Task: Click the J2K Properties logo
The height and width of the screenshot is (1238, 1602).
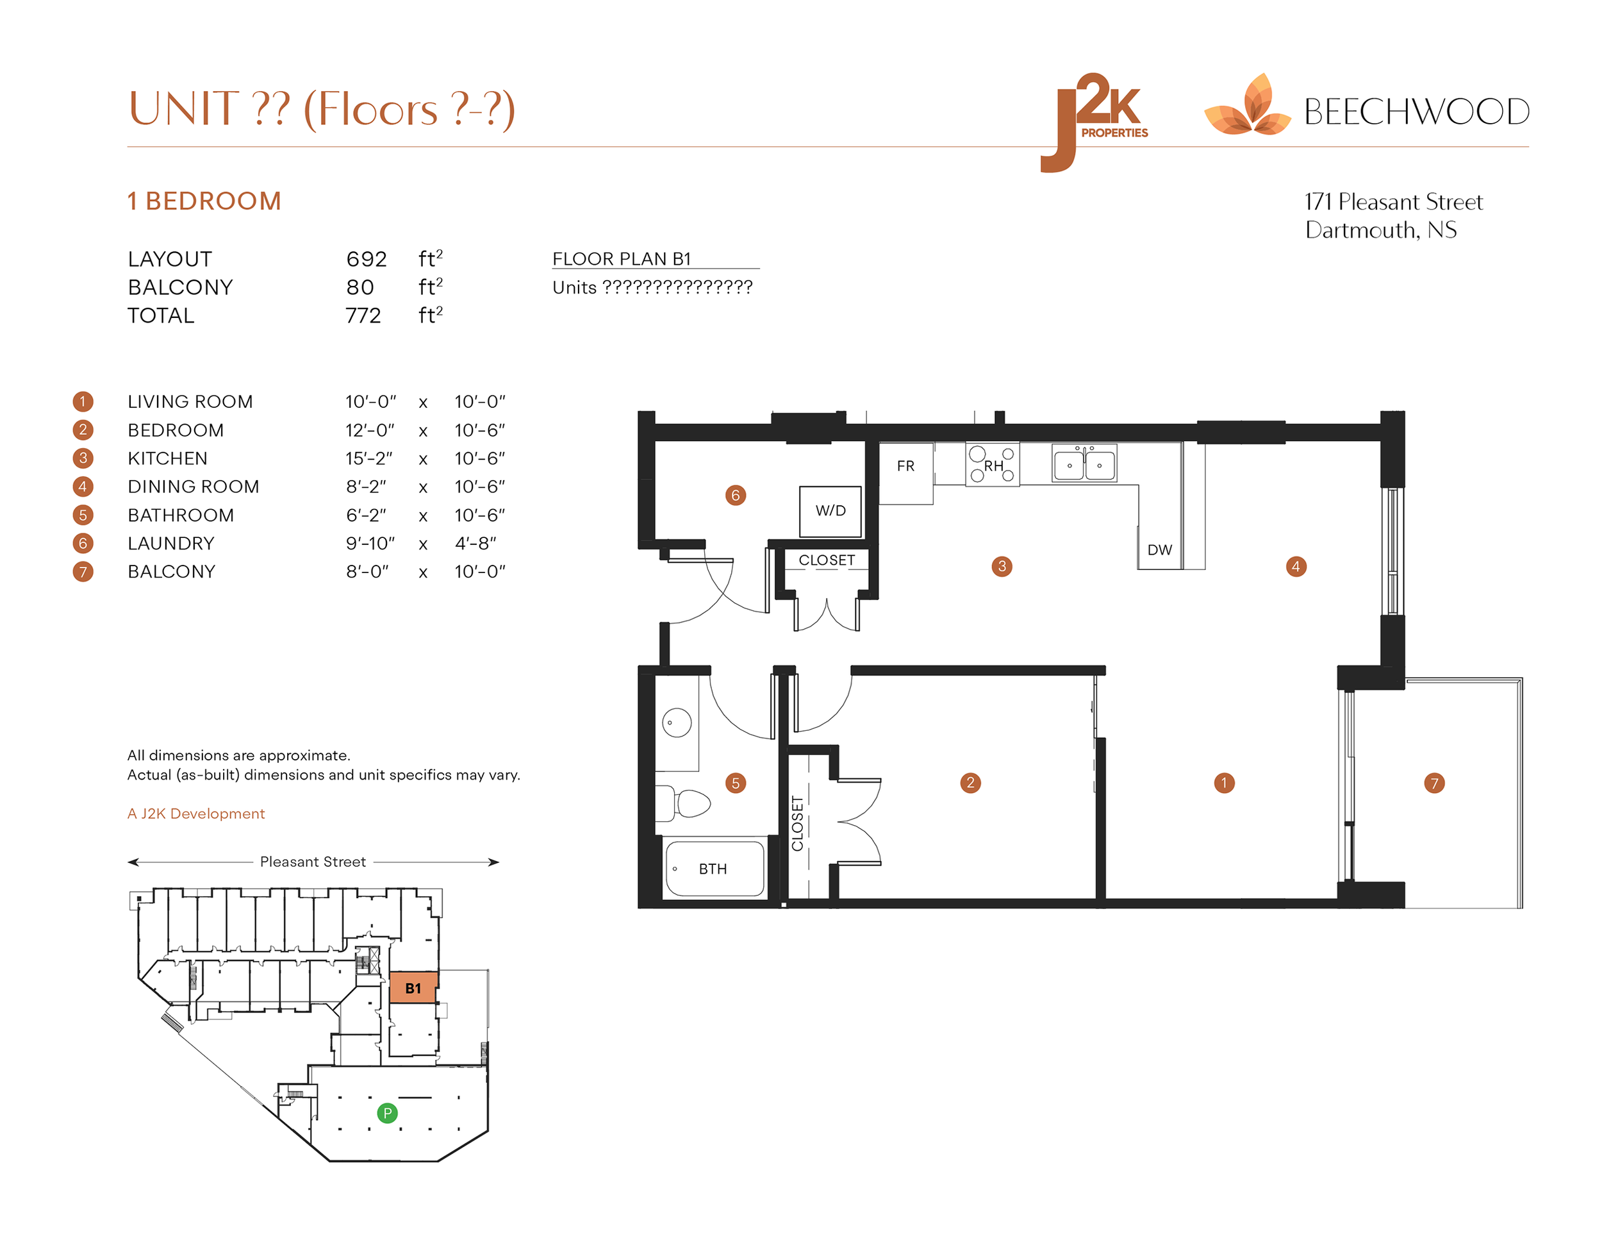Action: [1094, 121]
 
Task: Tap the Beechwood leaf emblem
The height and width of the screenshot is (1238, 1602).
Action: [1248, 107]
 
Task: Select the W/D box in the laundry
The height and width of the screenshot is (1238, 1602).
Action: [830, 511]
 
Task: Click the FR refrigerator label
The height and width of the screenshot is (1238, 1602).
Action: [906, 466]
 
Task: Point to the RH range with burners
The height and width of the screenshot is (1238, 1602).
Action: [993, 465]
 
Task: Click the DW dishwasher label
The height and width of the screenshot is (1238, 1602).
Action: [1160, 549]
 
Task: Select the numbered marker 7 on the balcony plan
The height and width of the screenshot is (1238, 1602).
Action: [1434, 783]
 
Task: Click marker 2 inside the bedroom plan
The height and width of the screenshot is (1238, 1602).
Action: [970, 783]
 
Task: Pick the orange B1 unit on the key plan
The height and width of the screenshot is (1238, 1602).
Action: [413, 988]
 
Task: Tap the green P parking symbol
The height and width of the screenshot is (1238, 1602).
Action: [387, 1113]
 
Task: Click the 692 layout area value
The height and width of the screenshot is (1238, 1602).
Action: [366, 259]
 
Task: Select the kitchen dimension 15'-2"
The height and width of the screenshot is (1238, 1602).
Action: [369, 458]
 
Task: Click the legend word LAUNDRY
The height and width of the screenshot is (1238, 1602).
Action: [171, 544]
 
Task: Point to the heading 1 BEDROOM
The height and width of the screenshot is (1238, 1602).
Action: [204, 201]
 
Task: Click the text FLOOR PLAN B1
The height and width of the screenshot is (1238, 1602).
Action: [622, 259]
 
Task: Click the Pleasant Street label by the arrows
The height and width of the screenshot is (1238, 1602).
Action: [313, 862]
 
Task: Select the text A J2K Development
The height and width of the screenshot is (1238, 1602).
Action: [196, 814]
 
